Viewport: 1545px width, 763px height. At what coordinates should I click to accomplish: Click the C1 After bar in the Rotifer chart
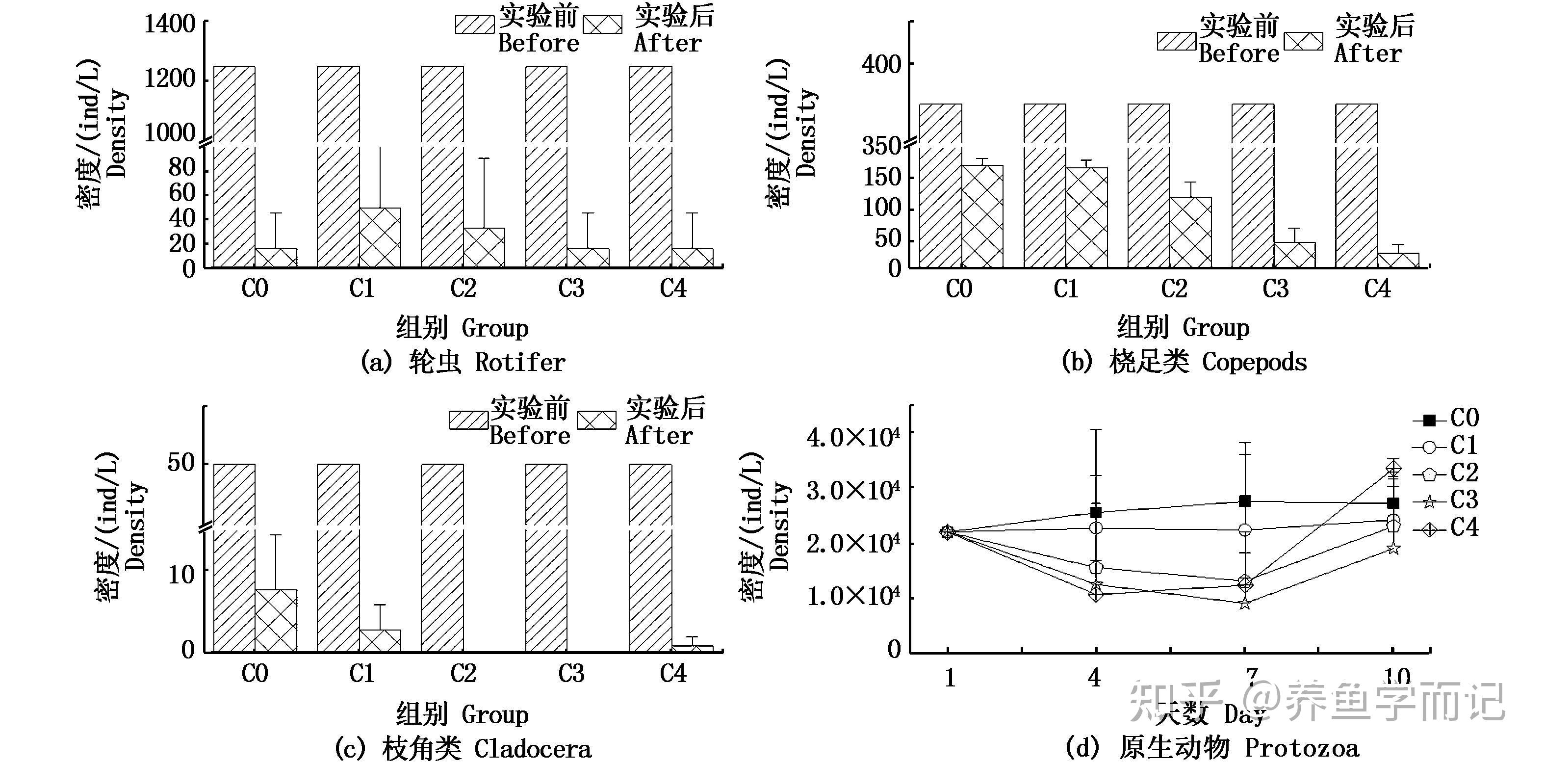tap(380, 237)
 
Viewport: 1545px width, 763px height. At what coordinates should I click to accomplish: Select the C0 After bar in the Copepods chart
tap(982, 216)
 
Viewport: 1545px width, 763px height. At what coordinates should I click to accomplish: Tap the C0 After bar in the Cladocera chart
tap(276, 620)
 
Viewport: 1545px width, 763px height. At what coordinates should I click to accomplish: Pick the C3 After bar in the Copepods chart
tap(1294, 255)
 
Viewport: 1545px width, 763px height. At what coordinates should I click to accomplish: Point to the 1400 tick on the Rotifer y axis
tap(170, 24)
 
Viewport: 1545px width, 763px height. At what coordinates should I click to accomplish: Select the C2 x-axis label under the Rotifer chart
tap(463, 289)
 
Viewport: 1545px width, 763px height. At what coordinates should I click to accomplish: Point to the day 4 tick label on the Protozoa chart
tap(1095, 678)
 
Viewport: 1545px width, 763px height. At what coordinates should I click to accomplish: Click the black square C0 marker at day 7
tap(1245, 501)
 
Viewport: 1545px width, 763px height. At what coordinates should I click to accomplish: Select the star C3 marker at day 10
tap(1393, 548)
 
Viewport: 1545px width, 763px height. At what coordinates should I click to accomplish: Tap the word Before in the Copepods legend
tap(1238, 54)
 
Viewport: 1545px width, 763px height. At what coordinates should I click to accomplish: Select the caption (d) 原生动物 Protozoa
tap(1211, 747)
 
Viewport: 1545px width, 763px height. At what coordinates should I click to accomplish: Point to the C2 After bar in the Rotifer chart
tap(484, 247)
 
